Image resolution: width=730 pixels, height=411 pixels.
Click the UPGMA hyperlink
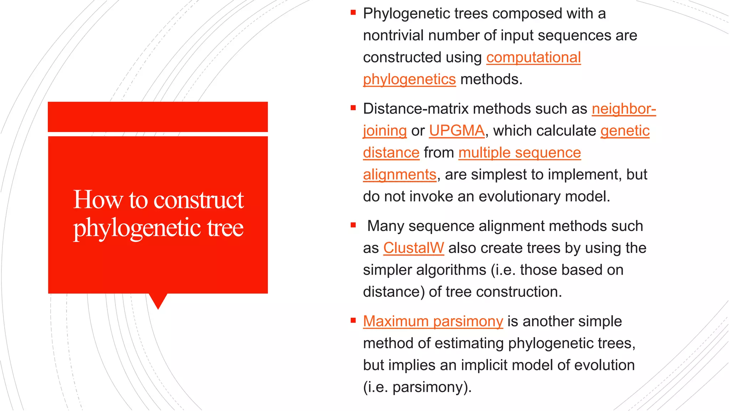457,131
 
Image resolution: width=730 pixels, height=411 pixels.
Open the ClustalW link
413,248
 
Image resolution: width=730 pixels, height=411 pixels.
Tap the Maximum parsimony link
433,321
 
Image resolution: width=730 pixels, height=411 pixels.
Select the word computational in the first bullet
534,57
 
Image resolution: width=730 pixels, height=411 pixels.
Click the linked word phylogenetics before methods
409,79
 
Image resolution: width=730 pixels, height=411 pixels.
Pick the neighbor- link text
624,109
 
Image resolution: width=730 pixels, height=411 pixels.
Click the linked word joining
385,131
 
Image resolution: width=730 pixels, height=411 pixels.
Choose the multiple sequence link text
520,153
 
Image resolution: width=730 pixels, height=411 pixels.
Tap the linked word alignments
400,175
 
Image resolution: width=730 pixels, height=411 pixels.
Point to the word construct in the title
199,200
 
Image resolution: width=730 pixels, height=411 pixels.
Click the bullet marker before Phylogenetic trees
353,13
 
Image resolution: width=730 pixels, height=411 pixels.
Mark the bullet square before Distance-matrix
353,108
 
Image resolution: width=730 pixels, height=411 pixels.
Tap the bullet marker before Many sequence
353,225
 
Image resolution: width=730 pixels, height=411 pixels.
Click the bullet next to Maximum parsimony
353,320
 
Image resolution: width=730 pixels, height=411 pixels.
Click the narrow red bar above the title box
158,117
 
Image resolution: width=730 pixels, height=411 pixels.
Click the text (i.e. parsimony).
417,387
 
